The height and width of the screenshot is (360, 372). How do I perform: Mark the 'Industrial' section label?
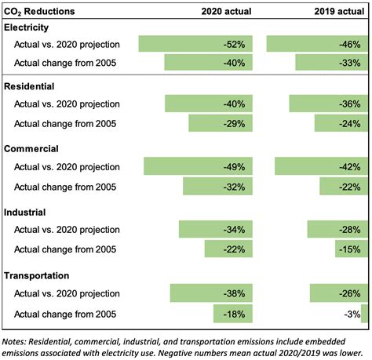click(26, 212)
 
